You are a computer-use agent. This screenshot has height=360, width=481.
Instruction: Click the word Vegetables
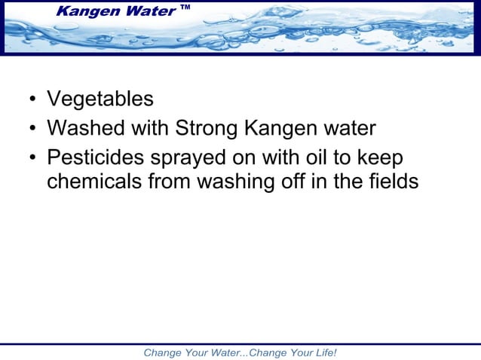(100, 99)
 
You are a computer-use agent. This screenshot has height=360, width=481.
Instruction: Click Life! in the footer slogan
(322, 352)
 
